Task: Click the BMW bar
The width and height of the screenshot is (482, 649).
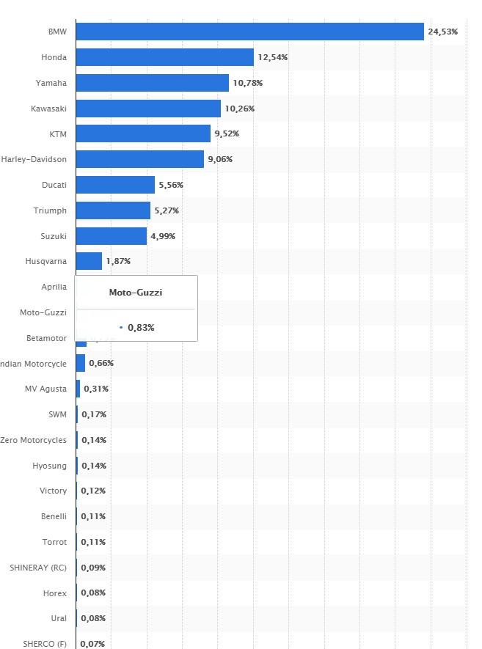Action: [x=249, y=32]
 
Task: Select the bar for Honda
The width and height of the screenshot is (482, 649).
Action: [x=164, y=57]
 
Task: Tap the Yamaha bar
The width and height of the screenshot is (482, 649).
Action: [x=152, y=83]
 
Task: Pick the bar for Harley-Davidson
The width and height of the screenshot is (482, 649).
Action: [x=139, y=159]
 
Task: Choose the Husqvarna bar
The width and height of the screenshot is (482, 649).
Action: [x=89, y=261]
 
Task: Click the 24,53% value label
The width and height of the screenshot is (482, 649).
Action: [x=443, y=32]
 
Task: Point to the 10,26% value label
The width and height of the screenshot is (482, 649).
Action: [x=239, y=109]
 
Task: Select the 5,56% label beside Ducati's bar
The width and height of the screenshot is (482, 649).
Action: [x=171, y=185]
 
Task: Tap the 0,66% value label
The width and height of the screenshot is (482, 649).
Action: [x=101, y=363]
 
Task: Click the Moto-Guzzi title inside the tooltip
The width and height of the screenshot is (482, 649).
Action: [x=136, y=293]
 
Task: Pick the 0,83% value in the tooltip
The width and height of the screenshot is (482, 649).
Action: [x=141, y=327]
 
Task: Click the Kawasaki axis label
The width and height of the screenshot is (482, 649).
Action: [x=48, y=109]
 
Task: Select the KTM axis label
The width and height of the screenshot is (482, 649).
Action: [x=56, y=133]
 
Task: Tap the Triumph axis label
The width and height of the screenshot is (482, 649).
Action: [x=50, y=210]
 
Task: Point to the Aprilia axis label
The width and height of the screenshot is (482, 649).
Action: [x=54, y=287]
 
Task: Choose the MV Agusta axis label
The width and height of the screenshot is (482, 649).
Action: [x=45, y=389]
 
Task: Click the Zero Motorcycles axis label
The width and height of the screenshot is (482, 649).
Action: [x=34, y=440]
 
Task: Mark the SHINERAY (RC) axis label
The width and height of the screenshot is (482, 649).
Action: [x=37, y=568]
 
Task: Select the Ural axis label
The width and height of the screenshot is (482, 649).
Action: [x=58, y=618]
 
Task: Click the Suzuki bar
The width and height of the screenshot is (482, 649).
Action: [x=111, y=235]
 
